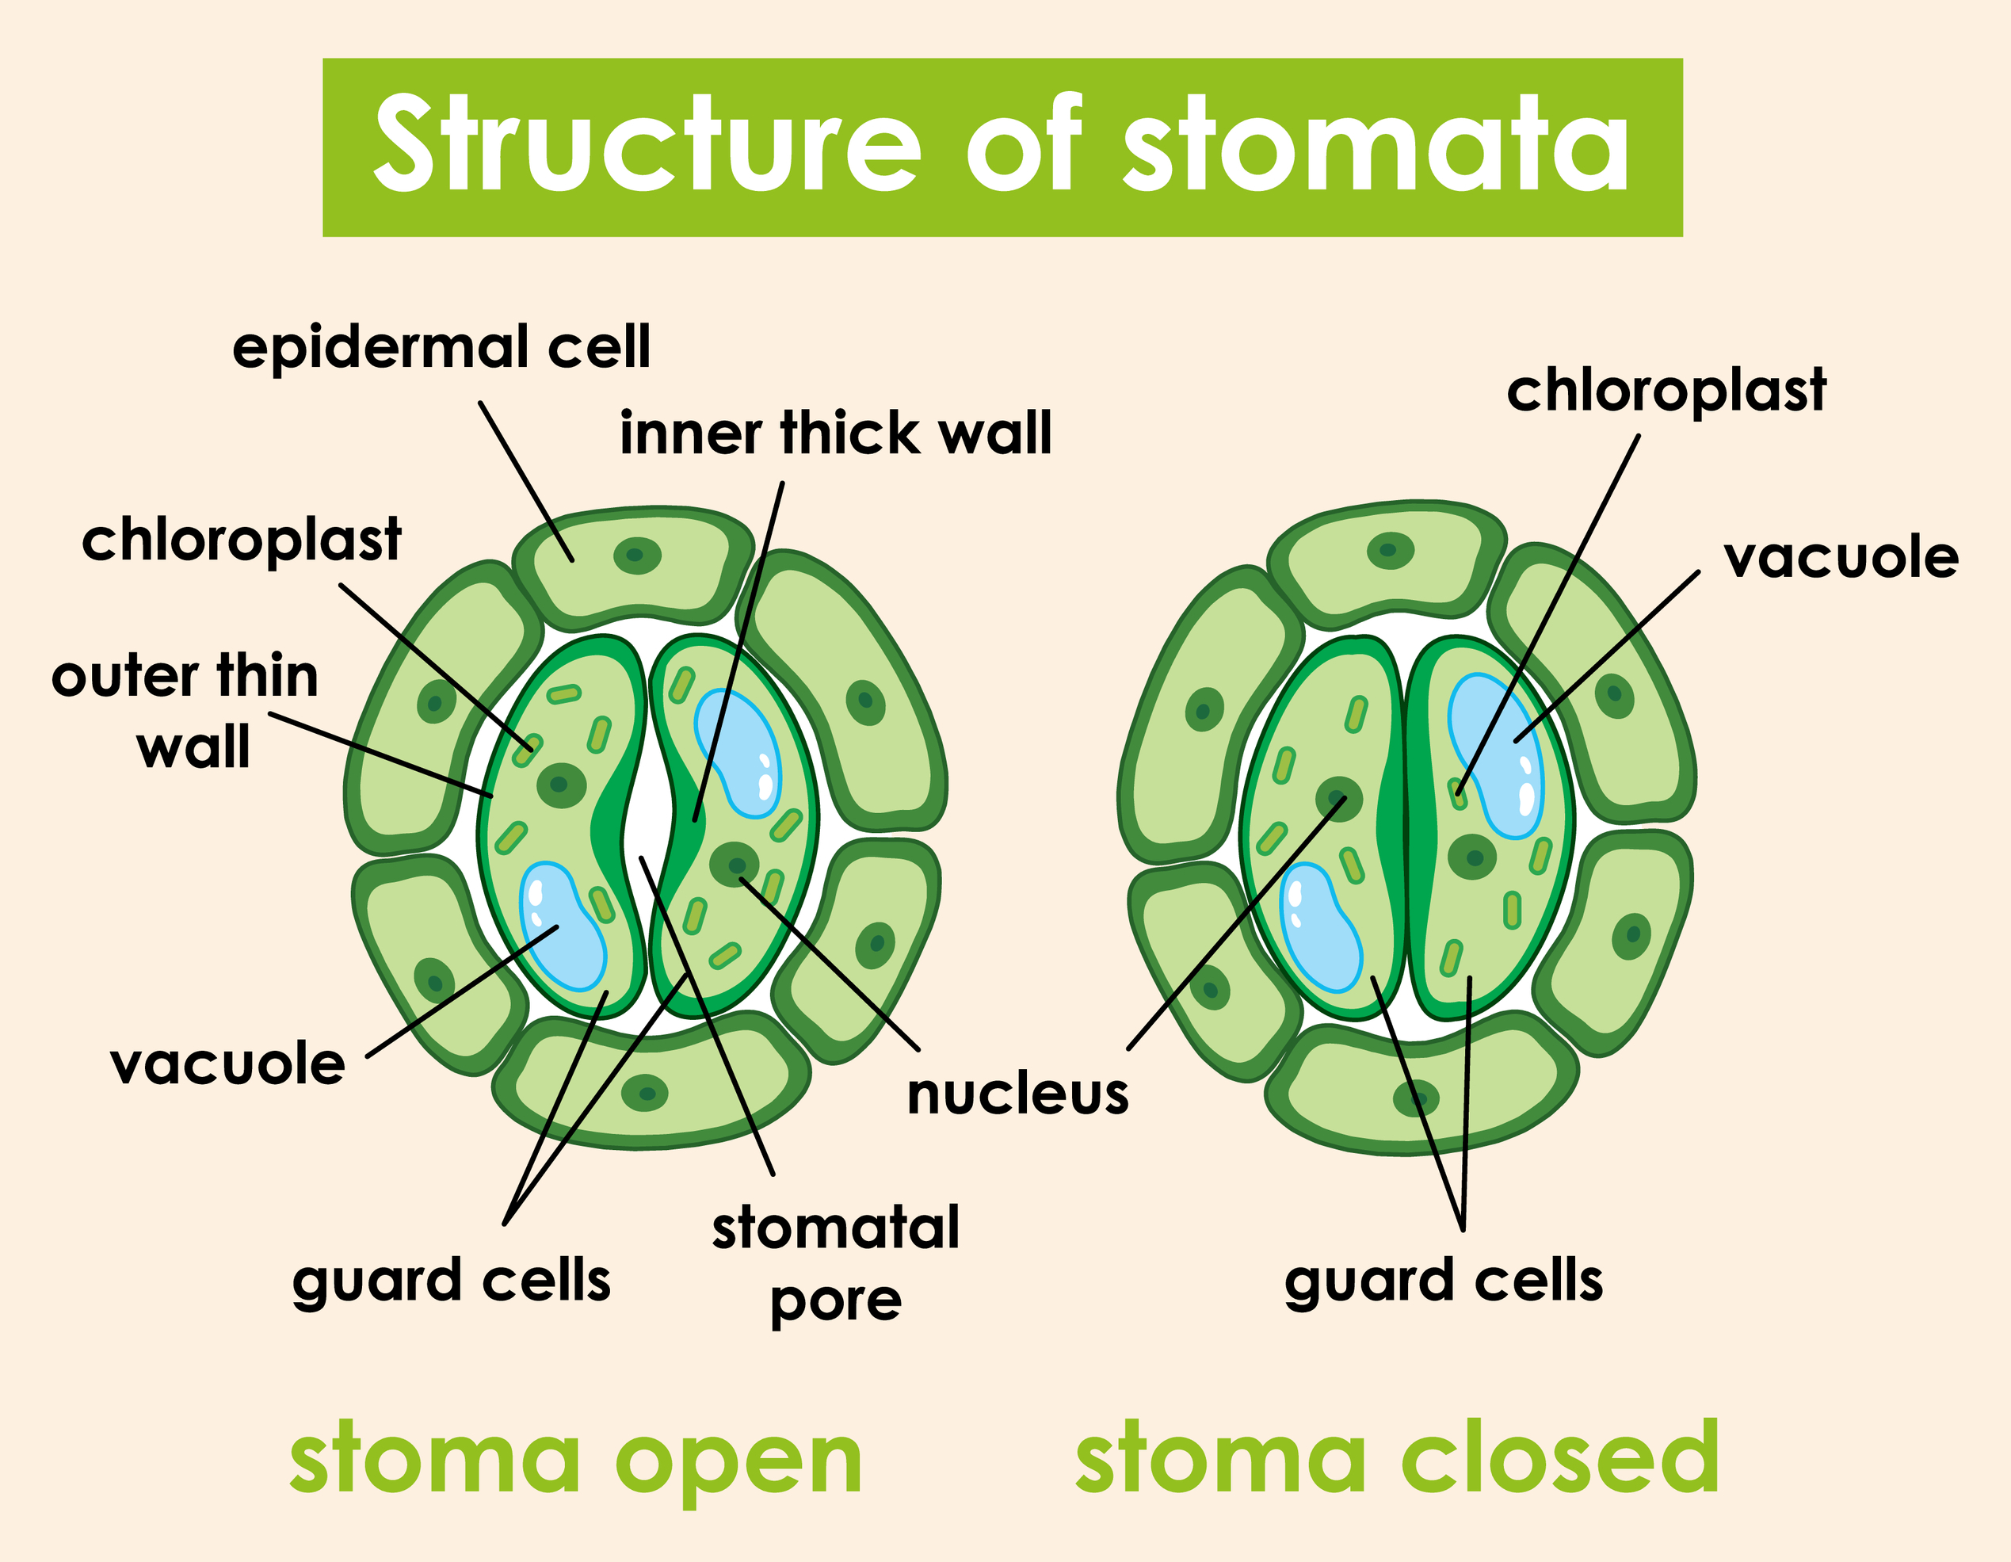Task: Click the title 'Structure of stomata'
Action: point(1002,147)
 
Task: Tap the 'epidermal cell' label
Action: point(441,347)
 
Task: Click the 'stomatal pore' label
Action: point(835,1263)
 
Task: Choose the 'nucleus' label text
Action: point(1017,1095)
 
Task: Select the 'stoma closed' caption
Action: point(1397,1458)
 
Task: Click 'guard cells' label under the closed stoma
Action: point(1443,1281)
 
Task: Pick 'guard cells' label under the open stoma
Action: point(451,1281)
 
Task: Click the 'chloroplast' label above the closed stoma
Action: point(1666,391)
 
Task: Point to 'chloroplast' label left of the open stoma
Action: point(241,540)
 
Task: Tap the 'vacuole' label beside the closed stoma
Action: point(1841,558)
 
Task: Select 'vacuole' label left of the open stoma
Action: point(227,1064)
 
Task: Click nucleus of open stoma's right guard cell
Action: point(735,864)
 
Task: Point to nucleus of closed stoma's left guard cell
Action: point(1338,797)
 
